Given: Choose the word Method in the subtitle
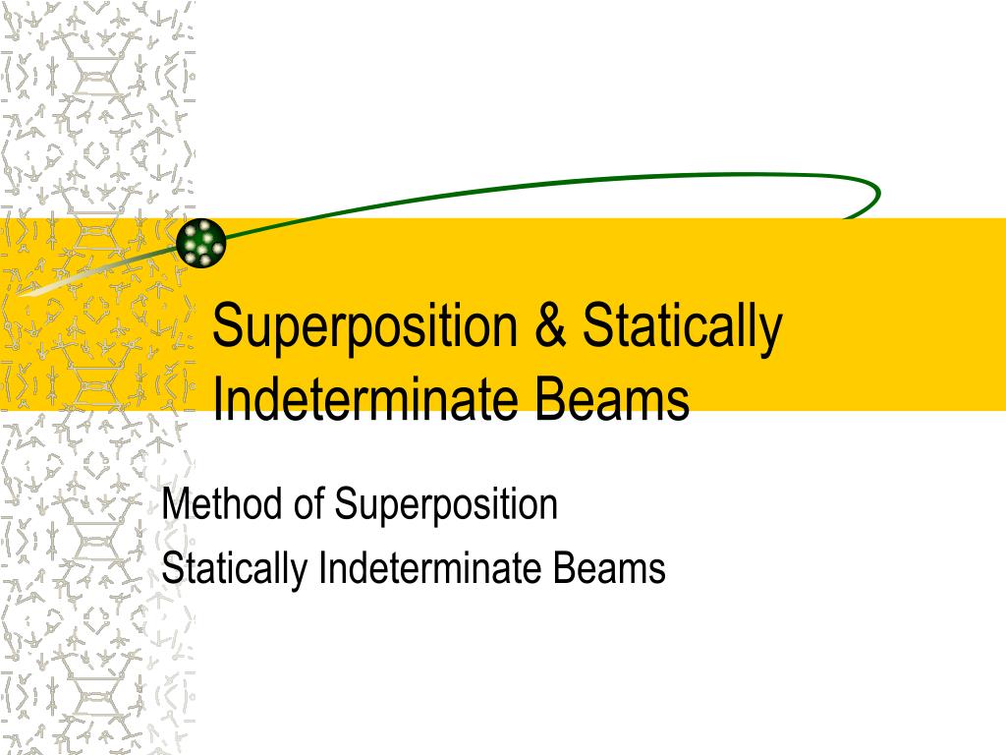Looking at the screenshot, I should (x=221, y=504).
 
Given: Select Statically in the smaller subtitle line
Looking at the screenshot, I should (x=235, y=569).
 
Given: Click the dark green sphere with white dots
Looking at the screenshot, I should (x=201, y=242).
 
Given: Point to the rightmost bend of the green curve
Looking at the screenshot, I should (x=877, y=194).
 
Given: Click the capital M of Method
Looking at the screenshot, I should (x=174, y=504).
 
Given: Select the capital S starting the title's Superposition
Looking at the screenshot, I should (x=228, y=327).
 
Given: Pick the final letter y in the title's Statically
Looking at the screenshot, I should (x=771, y=334).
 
